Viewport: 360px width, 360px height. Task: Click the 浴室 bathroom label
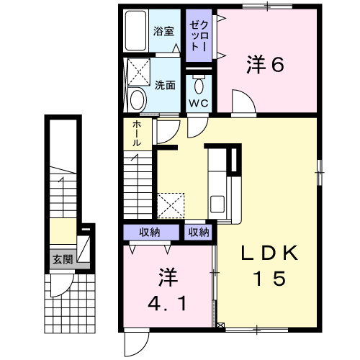coord(163,31)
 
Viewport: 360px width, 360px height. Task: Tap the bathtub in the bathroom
coord(135,30)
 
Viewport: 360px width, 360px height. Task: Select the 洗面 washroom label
coord(165,85)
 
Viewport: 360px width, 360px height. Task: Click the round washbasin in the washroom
coord(138,100)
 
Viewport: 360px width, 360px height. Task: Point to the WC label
coord(199,103)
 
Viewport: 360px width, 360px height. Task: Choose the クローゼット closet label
coord(199,36)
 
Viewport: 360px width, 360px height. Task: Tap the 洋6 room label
coord(266,64)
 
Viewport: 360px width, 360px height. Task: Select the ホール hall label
coord(137,133)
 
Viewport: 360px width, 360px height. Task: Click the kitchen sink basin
coord(217,204)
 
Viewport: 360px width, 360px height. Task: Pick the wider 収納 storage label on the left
coord(150,233)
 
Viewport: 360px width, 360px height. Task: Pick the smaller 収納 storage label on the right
coord(199,233)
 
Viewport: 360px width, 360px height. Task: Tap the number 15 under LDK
coord(271,279)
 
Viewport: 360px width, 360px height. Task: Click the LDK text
coord(269,253)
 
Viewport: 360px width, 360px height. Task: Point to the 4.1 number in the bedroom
coord(167,303)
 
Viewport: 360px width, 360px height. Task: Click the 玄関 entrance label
coord(63,259)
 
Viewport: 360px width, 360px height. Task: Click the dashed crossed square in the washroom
coord(139,72)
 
